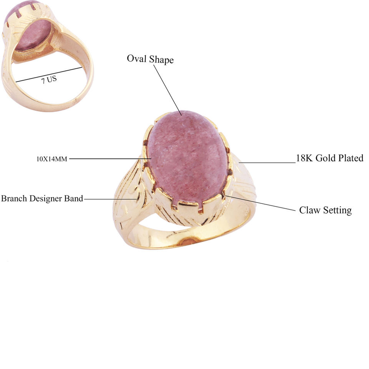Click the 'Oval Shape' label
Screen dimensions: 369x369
(150, 59)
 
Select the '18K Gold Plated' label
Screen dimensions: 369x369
(329, 158)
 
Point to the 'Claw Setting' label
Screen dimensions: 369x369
(325, 210)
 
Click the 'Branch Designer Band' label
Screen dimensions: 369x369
(42, 199)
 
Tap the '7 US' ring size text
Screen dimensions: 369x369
(49, 80)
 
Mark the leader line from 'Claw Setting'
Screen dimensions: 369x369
(261, 203)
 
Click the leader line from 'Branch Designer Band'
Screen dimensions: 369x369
(110, 199)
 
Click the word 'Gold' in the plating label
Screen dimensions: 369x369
(326, 158)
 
